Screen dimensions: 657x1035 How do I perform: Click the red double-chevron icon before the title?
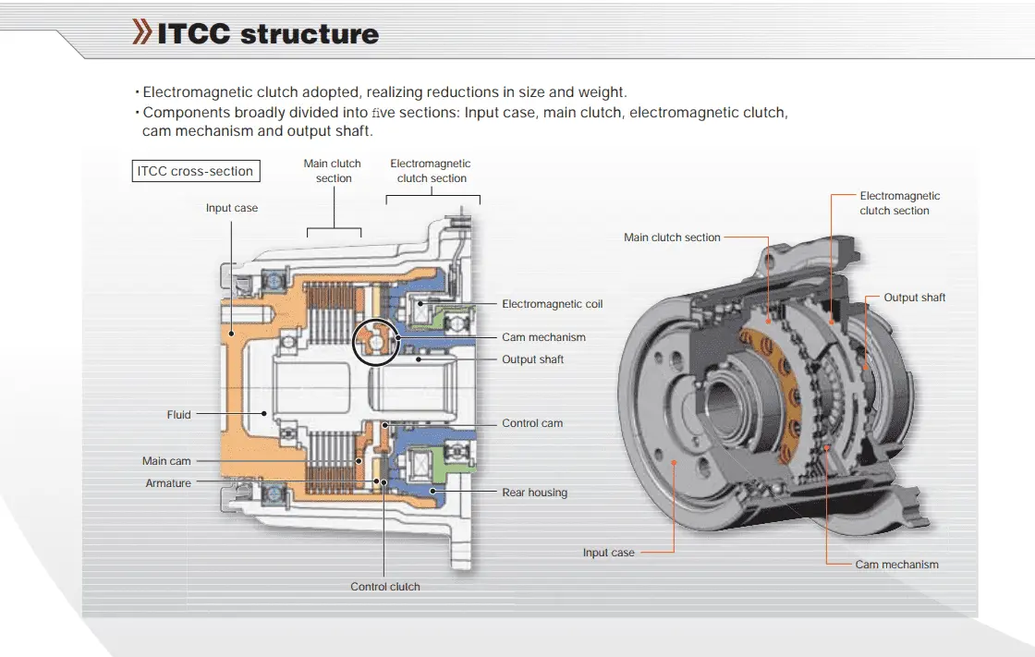143,32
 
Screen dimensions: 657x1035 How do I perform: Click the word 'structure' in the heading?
309,34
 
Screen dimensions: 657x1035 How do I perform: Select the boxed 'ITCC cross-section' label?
195,171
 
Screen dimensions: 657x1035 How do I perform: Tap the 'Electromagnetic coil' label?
552,304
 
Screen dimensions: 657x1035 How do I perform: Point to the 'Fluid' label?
178,415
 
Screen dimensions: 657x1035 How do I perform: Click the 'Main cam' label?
166,461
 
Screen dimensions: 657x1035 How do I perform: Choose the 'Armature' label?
168,483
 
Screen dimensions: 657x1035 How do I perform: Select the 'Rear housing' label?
534,493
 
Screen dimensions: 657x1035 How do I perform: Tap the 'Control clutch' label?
384,587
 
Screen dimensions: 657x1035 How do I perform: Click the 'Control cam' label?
532,423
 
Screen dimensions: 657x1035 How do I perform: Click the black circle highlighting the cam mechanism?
376,342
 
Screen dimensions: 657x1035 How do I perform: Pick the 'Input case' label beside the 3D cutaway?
608,553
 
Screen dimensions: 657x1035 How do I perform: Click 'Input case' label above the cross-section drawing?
232,208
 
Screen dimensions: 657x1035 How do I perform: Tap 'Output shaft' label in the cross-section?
532,359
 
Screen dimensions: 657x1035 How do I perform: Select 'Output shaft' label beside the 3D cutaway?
914,298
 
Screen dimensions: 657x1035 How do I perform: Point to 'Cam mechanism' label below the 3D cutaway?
896,565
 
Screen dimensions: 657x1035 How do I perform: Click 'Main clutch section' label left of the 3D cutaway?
672,237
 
